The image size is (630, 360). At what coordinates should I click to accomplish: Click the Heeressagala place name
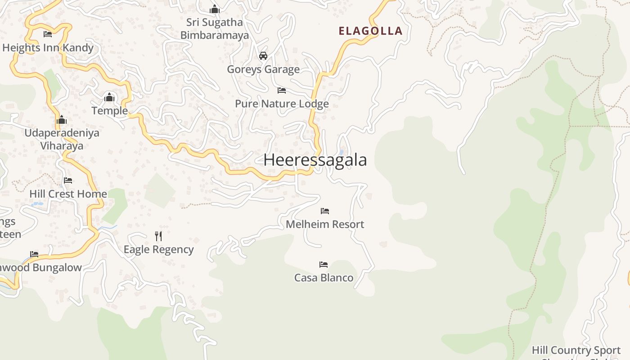pos(315,160)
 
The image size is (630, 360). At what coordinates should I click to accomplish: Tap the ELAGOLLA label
pos(370,31)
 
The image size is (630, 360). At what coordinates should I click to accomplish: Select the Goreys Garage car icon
pos(263,56)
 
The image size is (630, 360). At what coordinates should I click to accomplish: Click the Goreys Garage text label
pos(263,69)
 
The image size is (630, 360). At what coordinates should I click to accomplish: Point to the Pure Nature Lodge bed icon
pos(282,90)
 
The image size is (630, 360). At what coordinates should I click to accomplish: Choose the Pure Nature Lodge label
pos(282,104)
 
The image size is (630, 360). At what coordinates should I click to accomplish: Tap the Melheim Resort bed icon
pos(325,211)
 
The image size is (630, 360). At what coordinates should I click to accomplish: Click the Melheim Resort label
pos(325,224)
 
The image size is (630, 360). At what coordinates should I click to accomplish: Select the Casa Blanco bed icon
pos(324,264)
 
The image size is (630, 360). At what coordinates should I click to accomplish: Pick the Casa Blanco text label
pos(324,278)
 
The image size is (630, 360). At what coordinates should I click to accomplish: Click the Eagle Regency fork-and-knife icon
pos(158,236)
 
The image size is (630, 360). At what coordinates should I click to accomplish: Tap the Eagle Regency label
pos(158,250)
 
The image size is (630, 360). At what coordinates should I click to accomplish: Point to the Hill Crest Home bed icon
pos(68,180)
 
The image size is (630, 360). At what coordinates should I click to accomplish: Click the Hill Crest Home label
pos(68,194)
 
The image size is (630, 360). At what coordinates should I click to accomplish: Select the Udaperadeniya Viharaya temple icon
pos(62,120)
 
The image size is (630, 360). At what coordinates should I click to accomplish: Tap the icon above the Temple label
pos(109,97)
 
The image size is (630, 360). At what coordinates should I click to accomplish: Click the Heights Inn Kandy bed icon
pos(48,34)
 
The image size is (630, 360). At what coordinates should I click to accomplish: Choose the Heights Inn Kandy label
pos(48,48)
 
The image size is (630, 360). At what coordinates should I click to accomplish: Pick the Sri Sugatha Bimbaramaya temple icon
pos(215,9)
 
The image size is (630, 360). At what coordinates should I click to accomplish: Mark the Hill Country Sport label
pos(576,350)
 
